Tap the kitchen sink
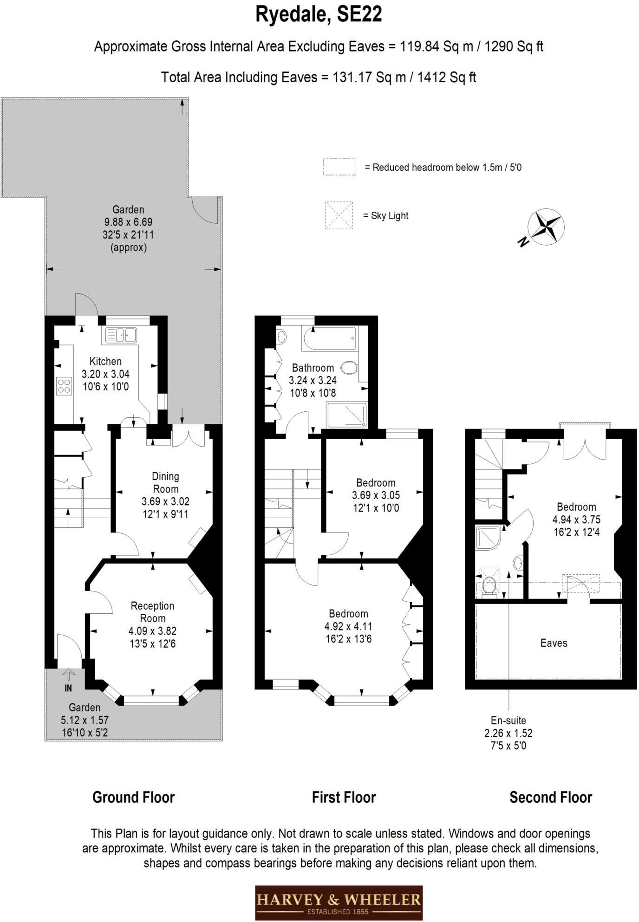pos(120,335)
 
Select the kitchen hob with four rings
pos(64,386)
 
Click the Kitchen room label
pos(105,361)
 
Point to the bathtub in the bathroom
pos(330,339)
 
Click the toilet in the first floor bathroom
pos(349,368)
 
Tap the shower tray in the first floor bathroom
pos(346,415)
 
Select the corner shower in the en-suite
pos(488,538)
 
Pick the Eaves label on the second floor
pos(554,643)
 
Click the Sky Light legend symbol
pos(339,215)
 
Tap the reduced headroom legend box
pos(339,167)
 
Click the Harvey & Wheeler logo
pos(339,902)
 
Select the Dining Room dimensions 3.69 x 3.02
pos(165,501)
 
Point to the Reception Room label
pos(152,612)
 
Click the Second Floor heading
pos(550,798)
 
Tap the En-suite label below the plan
pos(508,721)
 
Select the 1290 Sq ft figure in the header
pos(514,46)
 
